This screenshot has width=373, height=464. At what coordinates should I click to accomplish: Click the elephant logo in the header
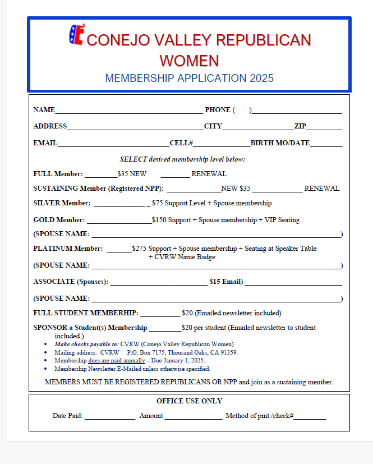[x=76, y=35]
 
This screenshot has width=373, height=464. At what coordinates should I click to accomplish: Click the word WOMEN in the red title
[x=189, y=61]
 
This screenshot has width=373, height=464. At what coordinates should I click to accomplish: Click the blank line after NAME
[x=129, y=112]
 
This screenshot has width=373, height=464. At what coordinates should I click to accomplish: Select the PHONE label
[x=218, y=110]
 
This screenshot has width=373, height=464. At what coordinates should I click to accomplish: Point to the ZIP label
[x=300, y=126]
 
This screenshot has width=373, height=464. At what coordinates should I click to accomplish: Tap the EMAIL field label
[x=45, y=143]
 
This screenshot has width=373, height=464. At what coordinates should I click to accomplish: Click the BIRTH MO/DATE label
[x=280, y=143]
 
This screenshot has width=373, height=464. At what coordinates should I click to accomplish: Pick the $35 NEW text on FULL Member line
[x=132, y=174]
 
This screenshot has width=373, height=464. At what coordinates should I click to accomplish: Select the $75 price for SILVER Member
[x=157, y=203]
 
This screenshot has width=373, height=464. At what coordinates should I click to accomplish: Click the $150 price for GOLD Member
[x=159, y=220]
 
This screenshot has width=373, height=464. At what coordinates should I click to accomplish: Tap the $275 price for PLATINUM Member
[x=139, y=248]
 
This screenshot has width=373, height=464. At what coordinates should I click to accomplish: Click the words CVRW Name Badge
[x=182, y=257]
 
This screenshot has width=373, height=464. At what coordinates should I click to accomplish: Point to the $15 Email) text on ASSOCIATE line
[x=226, y=282]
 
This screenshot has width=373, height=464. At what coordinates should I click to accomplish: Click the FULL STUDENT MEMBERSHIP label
[x=86, y=313]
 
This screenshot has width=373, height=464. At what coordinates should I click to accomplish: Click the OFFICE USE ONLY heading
[x=189, y=401]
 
